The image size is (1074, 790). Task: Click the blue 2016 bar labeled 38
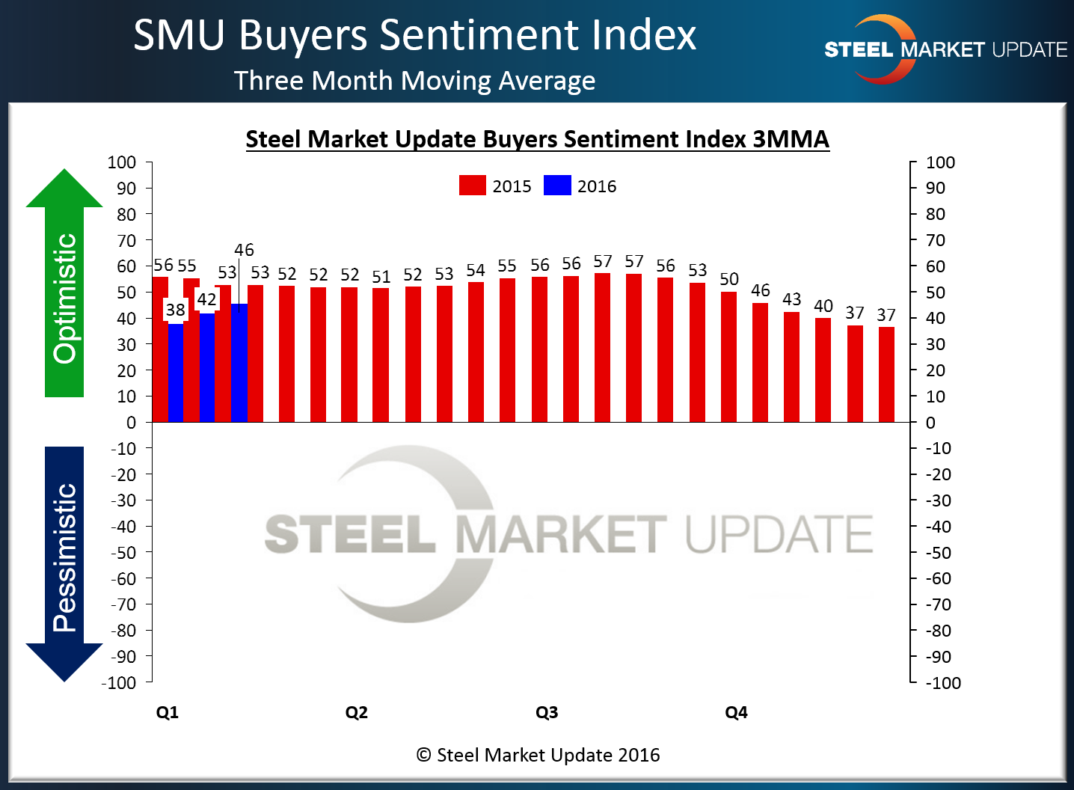(176, 373)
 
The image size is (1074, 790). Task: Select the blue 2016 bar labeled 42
(207, 367)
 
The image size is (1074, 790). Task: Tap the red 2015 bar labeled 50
(728, 357)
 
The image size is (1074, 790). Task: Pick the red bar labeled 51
(381, 355)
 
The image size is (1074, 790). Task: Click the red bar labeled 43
(791, 367)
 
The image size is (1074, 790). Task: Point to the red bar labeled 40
(823, 370)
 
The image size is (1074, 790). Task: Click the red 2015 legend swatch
(472, 186)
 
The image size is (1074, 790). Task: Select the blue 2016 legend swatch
(557, 186)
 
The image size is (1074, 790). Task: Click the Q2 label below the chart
(357, 712)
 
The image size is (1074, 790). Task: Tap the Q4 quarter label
(736, 712)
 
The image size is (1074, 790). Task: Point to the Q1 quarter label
(167, 712)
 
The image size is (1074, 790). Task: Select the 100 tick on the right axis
(940, 162)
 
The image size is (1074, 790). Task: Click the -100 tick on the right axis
(943, 682)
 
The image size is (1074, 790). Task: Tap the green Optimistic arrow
(64, 284)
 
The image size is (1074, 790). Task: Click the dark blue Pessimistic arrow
(64, 561)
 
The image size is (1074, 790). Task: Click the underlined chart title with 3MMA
(537, 140)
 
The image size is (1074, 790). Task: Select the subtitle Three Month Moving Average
(414, 81)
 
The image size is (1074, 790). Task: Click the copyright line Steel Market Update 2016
(538, 755)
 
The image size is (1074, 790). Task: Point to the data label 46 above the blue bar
(244, 250)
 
